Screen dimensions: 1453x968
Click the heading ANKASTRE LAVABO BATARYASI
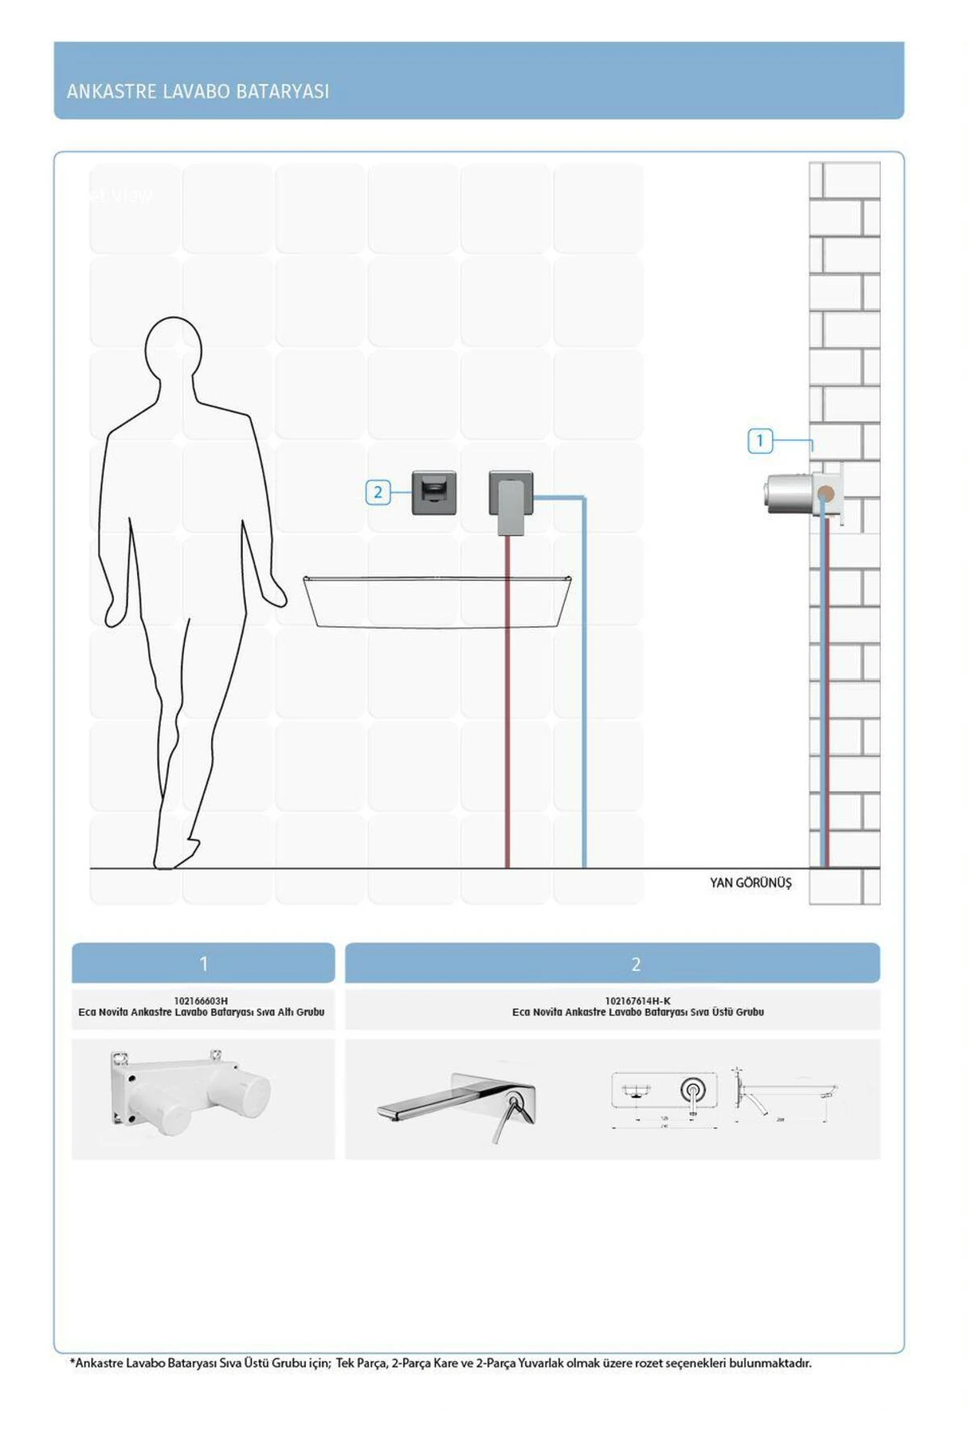(198, 91)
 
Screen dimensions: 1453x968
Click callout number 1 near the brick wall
(760, 441)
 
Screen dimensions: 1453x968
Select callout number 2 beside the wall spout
(378, 492)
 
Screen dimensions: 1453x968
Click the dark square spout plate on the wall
(434, 492)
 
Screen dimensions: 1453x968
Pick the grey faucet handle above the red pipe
(511, 505)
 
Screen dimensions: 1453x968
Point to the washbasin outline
(437, 601)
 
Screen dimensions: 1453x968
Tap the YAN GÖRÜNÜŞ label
(750, 883)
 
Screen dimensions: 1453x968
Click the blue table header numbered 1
(203, 963)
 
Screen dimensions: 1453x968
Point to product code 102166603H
(201, 1001)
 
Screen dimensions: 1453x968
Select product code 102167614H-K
(637, 1001)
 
